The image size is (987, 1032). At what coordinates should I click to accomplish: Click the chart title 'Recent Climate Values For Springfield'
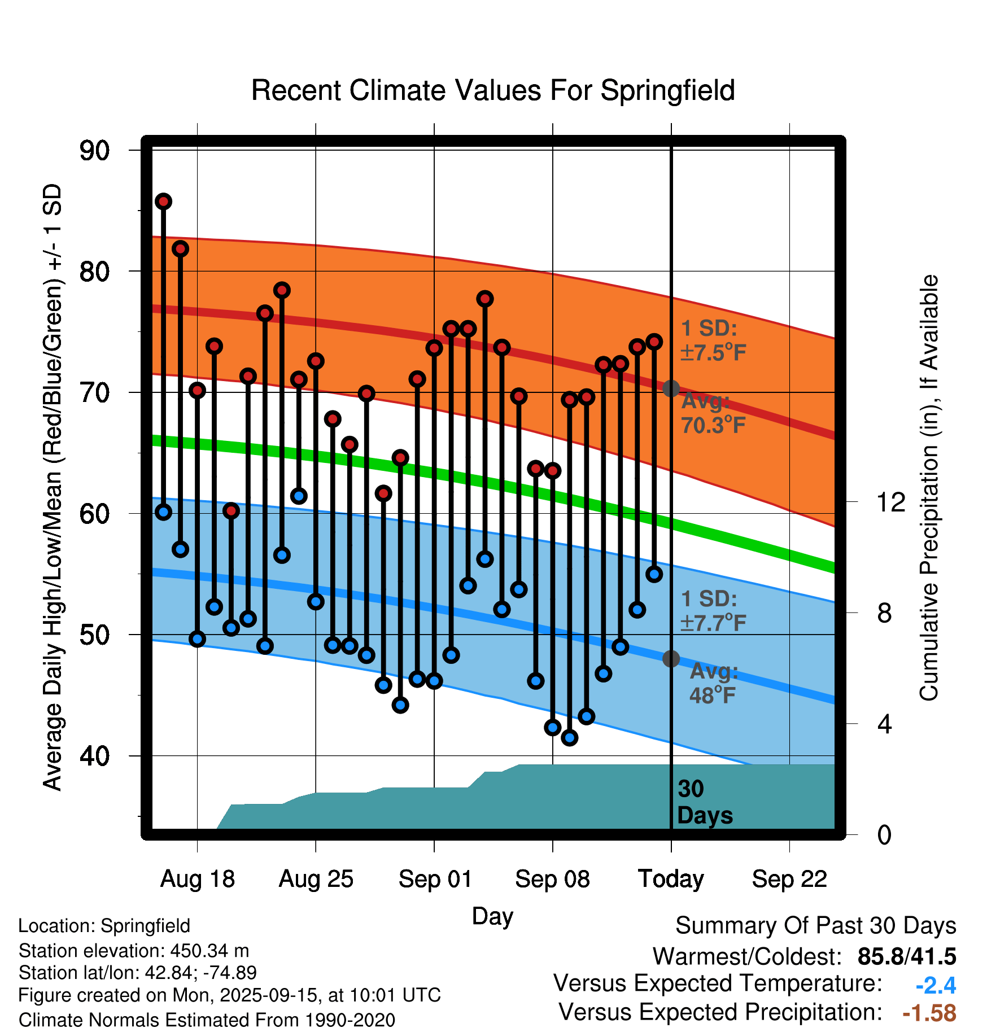pyautogui.click(x=493, y=90)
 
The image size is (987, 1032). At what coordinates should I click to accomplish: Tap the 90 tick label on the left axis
pyautogui.click(x=95, y=151)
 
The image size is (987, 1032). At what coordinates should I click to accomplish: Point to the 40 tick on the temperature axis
pyautogui.click(x=95, y=756)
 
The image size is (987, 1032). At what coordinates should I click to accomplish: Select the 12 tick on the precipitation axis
pyautogui.click(x=891, y=502)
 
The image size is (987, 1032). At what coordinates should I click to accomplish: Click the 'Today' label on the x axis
pyautogui.click(x=671, y=879)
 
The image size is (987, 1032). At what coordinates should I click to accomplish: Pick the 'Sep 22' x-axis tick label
pyautogui.click(x=789, y=879)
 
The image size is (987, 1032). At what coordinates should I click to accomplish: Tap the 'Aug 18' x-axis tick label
pyautogui.click(x=198, y=879)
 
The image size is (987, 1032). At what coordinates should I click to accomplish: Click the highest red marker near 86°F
pyautogui.click(x=164, y=202)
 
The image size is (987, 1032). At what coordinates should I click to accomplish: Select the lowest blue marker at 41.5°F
pyautogui.click(x=570, y=737)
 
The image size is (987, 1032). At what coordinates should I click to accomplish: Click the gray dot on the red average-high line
pyautogui.click(x=671, y=388)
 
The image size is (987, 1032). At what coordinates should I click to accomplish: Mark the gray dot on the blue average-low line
pyautogui.click(x=671, y=659)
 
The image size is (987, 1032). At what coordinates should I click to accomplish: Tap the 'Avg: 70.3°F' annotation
pyautogui.click(x=713, y=413)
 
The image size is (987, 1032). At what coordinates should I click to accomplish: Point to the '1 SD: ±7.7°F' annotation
pyautogui.click(x=713, y=611)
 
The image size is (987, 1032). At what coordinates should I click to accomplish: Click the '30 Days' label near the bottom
pyautogui.click(x=704, y=802)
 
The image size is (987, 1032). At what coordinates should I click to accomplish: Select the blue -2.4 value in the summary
pyautogui.click(x=936, y=986)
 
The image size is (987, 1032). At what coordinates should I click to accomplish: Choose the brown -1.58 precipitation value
pyautogui.click(x=929, y=1013)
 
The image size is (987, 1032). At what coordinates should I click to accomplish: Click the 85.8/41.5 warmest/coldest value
pyautogui.click(x=907, y=957)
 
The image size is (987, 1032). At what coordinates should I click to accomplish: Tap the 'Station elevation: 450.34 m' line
pyautogui.click(x=134, y=951)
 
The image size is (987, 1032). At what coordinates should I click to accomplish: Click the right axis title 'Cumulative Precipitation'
pyautogui.click(x=929, y=488)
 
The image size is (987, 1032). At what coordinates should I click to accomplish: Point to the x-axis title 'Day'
pyautogui.click(x=492, y=916)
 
